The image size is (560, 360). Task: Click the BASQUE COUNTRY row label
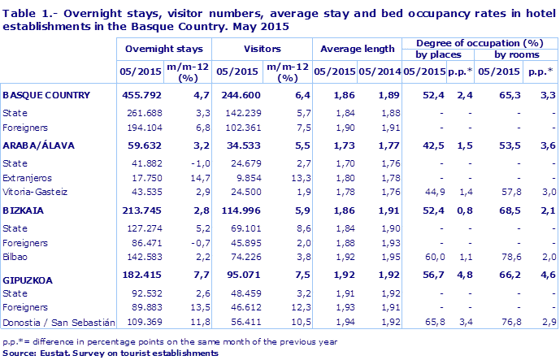click(46, 95)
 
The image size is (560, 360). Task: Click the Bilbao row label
click(16, 256)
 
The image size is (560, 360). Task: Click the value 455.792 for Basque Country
click(139, 95)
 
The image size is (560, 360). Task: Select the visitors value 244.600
click(237, 95)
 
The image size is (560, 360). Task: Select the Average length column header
click(354, 49)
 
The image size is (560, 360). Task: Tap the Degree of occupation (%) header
click(479, 41)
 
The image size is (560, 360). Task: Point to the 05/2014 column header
click(378, 71)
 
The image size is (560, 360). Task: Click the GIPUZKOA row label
click(28, 280)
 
